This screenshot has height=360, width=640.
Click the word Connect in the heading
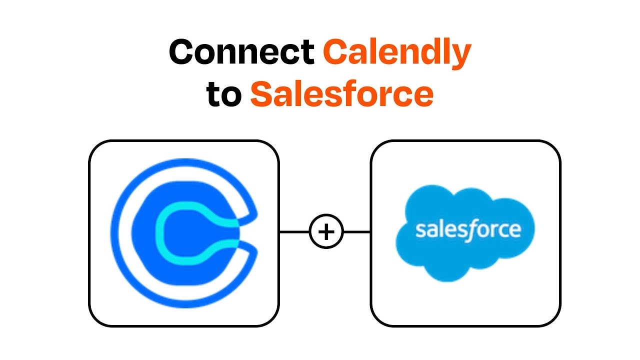coord(241,51)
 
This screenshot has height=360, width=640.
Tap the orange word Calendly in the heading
coord(397,53)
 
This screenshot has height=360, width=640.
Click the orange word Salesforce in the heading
coord(342,93)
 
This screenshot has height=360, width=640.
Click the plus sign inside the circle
coord(326,231)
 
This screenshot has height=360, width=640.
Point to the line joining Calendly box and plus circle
coord(294,231)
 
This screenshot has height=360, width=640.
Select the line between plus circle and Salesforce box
coord(357,231)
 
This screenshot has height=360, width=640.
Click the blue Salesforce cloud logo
coord(465,233)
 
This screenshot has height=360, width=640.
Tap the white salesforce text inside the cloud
coord(468,230)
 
